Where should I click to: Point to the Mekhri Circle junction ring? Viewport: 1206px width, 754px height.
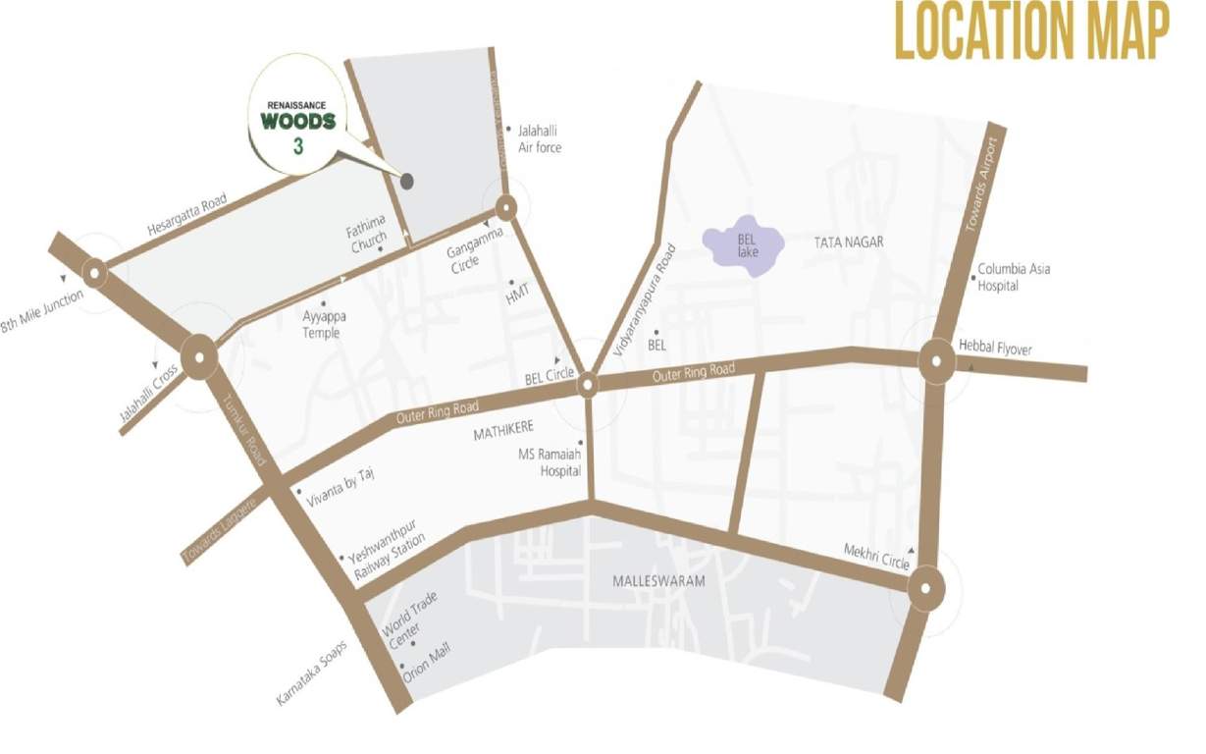click(x=925, y=589)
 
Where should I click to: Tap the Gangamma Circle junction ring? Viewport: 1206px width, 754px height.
click(x=506, y=208)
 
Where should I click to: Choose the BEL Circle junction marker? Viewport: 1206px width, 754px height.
click(x=587, y=385)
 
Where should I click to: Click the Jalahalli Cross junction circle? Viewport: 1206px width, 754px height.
click(x=199, y=358)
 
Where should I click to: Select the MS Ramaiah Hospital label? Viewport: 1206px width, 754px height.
click(x=551, y=462)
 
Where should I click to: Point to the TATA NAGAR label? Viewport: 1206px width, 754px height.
click(x=849, y=242)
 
